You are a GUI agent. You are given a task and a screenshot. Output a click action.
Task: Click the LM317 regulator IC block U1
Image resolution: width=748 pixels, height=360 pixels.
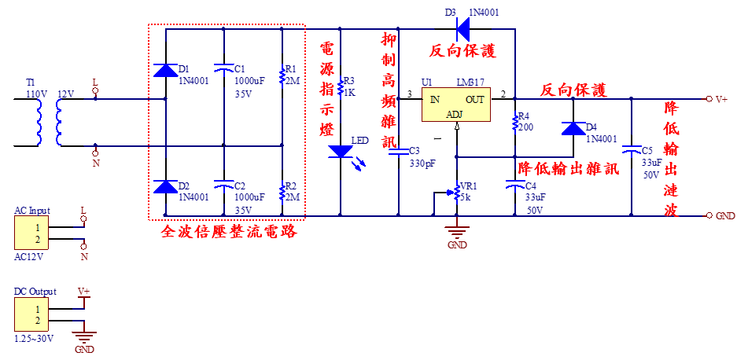455,105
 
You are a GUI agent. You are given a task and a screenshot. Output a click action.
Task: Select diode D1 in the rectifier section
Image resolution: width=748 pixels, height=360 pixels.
165,70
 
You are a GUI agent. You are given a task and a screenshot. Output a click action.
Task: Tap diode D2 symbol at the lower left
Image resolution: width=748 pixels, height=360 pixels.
165,186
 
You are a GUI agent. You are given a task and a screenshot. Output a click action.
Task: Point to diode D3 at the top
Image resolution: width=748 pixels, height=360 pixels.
462,30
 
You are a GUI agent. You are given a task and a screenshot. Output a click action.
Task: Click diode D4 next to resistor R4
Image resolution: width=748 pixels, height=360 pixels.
572,129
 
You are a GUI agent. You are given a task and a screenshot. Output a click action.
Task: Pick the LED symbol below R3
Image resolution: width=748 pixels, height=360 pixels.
340,151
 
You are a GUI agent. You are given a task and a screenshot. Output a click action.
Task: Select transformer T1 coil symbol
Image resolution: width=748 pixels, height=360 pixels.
47,123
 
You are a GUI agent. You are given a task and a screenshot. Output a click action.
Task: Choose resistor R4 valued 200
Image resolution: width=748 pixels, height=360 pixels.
515,122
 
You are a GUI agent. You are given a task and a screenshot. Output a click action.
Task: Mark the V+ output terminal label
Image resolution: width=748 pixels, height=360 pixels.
721,99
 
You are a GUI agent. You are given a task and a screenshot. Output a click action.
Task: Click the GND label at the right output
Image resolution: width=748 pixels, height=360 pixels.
724,215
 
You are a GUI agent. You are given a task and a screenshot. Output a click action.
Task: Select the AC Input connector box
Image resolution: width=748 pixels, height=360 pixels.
31,233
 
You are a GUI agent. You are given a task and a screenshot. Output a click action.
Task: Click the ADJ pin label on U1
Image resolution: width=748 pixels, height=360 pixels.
455,115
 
